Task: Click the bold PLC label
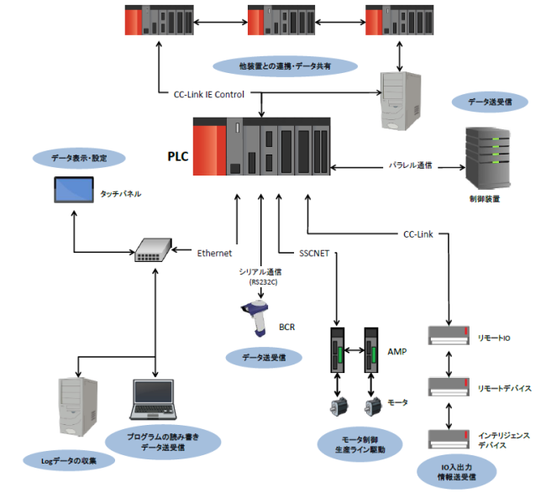[177, 155]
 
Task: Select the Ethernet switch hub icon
[154, 249]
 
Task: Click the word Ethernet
[214, 252]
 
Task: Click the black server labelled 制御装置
[486, 160]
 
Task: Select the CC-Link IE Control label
[209, 94]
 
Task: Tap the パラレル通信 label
[410, 165]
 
